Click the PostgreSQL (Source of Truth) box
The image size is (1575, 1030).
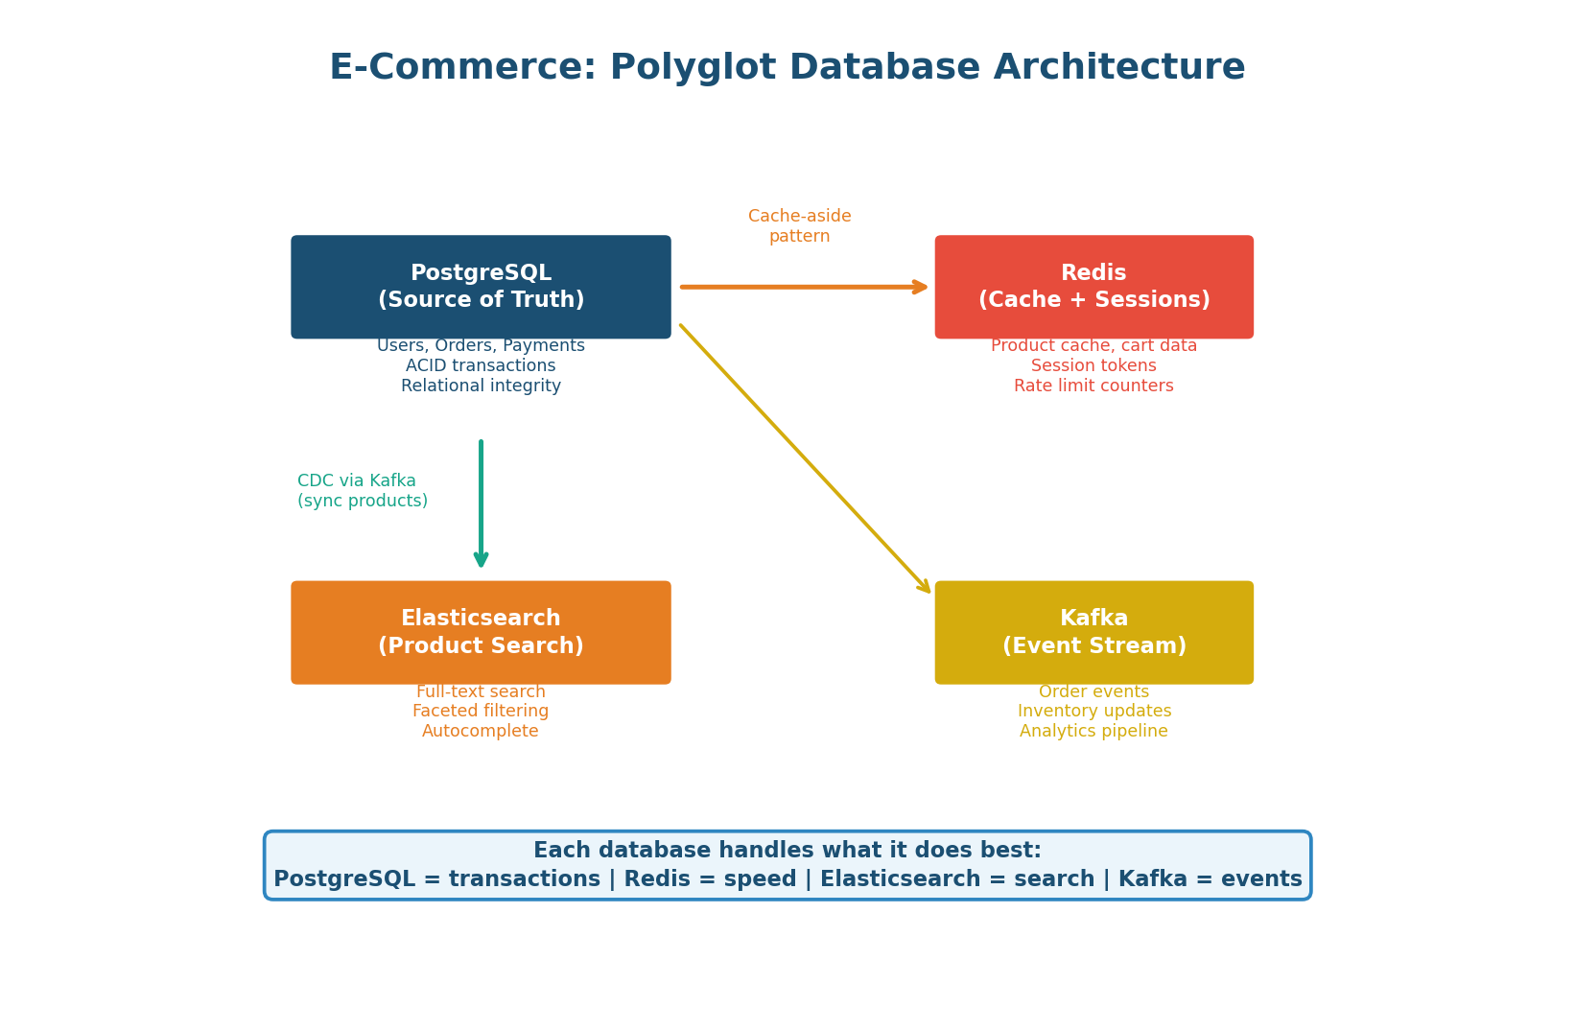pos(481,287)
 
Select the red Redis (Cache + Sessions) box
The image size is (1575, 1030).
pos(1093,287)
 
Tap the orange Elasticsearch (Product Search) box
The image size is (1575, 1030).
pos(481,632)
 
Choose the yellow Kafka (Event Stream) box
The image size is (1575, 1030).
pos(1093,632)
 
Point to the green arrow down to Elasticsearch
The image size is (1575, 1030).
pos(481,503)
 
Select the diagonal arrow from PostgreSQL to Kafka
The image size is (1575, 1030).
pos(806,458)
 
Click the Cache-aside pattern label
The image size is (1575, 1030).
pos(799,226)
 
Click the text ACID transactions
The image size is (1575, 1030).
pos(481,366)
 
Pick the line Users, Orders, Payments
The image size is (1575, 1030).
pos(481,346)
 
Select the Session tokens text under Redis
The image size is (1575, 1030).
pos(1093,366)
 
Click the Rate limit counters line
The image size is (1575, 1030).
pos(1093,386)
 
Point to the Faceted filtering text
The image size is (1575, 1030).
pos(481,712)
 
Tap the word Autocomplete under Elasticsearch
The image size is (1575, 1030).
pos(481,732)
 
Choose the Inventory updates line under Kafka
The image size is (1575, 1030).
pos(1093,712)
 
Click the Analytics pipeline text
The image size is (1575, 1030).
pos(1093,732)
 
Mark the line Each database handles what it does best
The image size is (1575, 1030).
pos(787,851)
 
